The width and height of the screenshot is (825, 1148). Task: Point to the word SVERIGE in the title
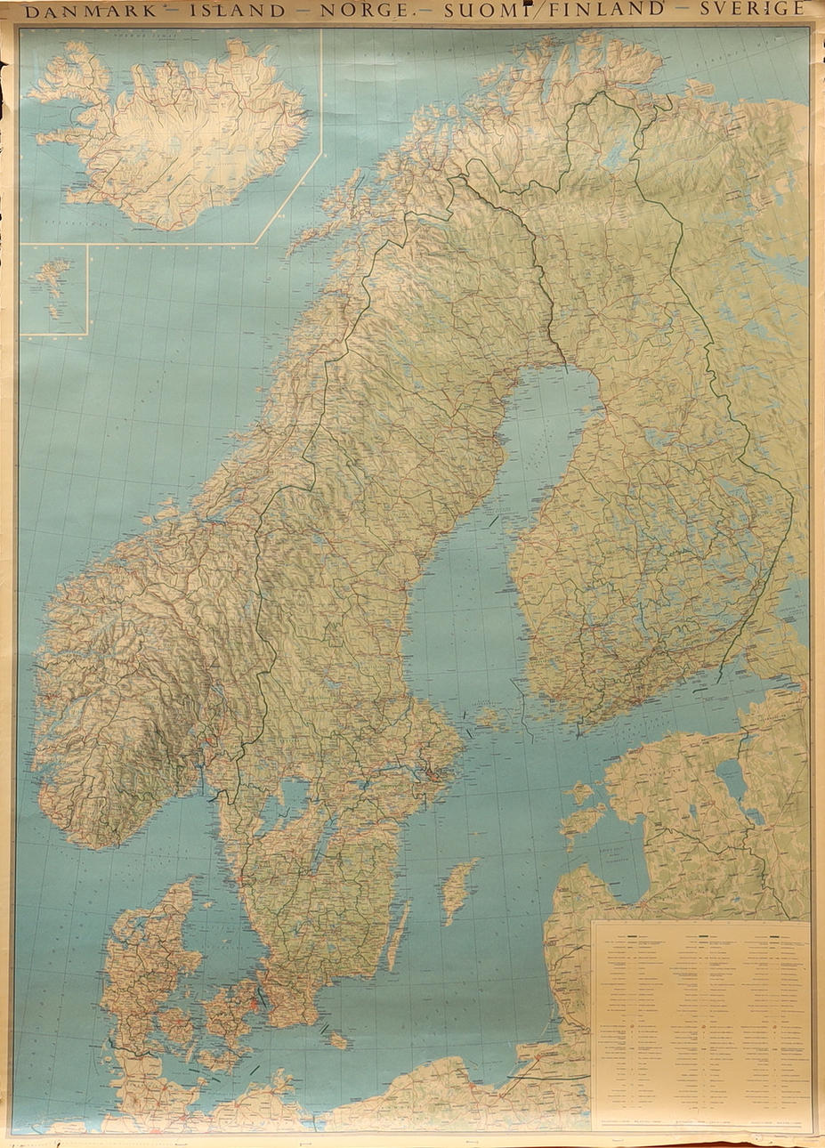coord(753,10)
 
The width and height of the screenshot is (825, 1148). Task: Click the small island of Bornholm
coord(336,1039)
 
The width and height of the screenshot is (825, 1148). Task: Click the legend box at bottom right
coord(700,1023)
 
